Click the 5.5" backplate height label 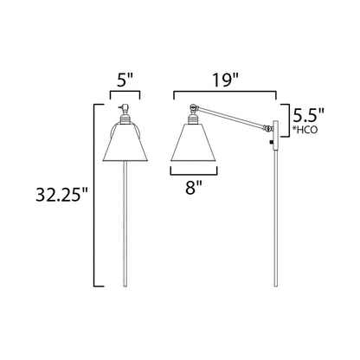pos(310,112)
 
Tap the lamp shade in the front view pos(125,142)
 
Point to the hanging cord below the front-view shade pos(125,229)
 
